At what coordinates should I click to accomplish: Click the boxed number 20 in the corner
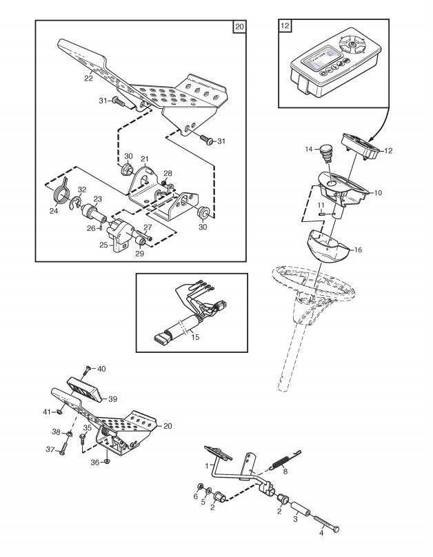pos(239,27)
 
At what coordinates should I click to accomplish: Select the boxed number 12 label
pos(285,27)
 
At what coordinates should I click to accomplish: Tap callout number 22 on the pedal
pos(88,78)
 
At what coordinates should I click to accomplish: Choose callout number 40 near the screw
pos(101,369)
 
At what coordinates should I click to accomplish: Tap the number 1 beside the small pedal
pos(206,465)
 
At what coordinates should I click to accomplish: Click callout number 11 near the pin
pos(320,206)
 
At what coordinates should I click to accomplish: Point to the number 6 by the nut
pos(195,496)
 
